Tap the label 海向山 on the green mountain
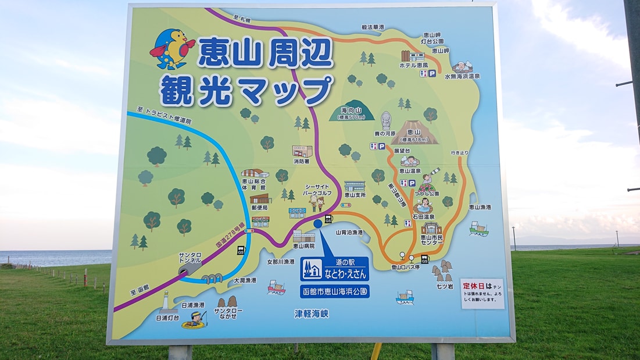(x=352, y=110)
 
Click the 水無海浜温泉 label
(x=463, y=76)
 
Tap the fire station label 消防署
(x=301, y=162)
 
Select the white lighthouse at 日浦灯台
(x=165, y=301)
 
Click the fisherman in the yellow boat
(x=196, y=319)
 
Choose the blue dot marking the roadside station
(x=318, y=223)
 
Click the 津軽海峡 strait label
(x=312, y=313)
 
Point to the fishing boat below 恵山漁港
(x=478, y=229)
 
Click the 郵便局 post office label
(x=259, y=208)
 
